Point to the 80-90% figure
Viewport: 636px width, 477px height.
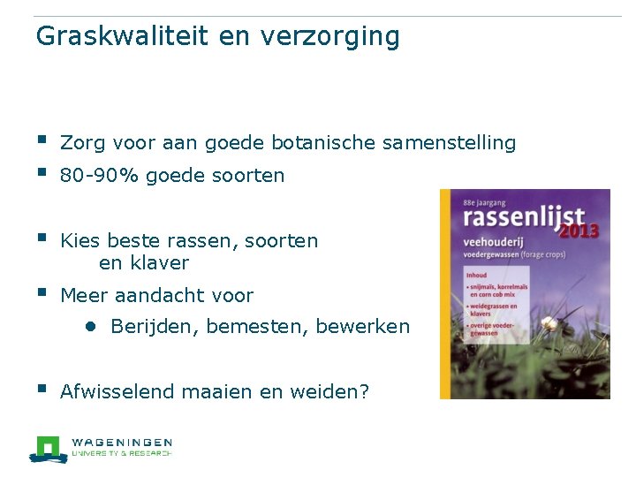99,176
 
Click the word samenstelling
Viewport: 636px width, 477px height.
460,143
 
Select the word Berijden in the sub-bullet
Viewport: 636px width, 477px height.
155,327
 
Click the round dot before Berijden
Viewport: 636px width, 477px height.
90,326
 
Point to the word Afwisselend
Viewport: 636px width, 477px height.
117,392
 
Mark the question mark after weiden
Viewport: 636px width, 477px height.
364,391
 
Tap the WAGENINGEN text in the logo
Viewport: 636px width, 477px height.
122,442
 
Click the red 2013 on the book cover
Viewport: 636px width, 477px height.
579,231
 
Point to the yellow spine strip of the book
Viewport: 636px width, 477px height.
445,291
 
